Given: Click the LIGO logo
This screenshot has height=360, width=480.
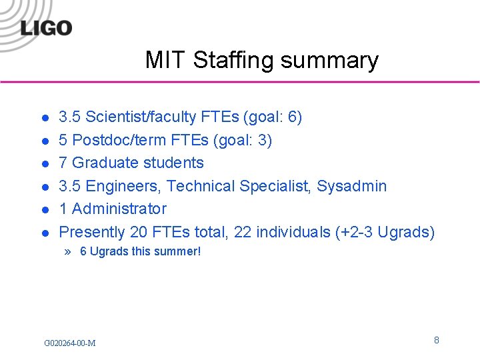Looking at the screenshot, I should click(x=46, y=27).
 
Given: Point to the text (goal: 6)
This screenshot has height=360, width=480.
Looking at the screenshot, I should click(x=273, y=117).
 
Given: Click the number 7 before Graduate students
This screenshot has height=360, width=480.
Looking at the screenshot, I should click(x=63, y=163).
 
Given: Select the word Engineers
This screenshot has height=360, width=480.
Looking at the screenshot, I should click(x=123, y=186).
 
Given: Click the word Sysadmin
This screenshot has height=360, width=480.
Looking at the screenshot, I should click(x=351, y=186).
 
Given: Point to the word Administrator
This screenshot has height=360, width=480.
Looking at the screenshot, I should click(x=119, y=209).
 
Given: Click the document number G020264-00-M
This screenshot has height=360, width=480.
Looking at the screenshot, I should click(x=69, y=343).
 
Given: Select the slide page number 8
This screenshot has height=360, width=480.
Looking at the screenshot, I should click(x=437, y=341).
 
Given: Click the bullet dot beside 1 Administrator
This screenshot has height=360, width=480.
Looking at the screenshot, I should click(x=44, y=210).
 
